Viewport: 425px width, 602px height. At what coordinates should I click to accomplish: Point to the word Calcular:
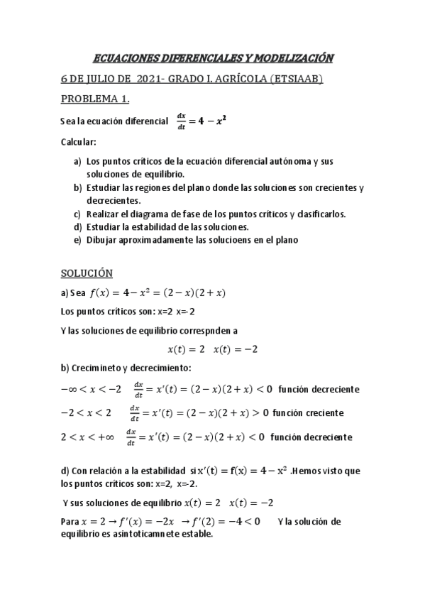pyautogui.click(x=78, y=142)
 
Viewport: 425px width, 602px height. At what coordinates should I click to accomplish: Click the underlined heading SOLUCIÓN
pyautogui.click(x=87, y=273)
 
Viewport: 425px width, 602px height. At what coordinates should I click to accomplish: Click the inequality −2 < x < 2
pyautogui.click(x=87, y=412)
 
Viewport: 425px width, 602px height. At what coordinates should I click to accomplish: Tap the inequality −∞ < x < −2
pyautogui.click(x=91, y=389)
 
